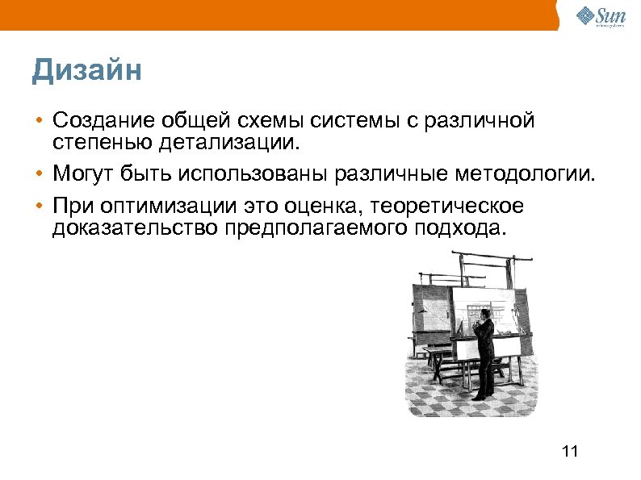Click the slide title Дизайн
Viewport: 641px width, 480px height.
tap(87, 71)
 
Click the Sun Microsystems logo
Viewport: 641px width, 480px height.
tap(599, 16)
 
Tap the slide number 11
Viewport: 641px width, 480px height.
tap(570, 450)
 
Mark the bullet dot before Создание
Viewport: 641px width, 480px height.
tap(39, 122)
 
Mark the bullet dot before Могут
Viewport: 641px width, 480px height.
tap(39, 173)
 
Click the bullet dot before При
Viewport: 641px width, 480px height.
tap(39, 207)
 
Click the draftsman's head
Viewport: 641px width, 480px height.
tap(484, 314)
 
